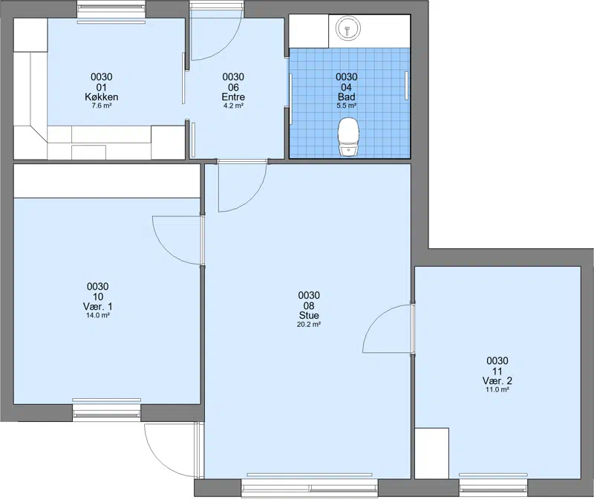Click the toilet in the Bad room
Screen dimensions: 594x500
tap(348, 137)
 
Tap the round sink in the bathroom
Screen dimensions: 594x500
tap(347, 28)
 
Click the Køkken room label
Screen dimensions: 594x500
tap(102, 97)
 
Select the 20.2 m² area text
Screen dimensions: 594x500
tap(309, 325)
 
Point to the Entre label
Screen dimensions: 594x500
tap(233, 97)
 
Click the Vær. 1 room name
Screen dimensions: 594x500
tap(98, 306)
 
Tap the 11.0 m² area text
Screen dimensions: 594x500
tap(497, 390)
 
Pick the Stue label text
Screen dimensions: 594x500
tap(309, 316)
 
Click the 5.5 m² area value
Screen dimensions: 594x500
tap(346, 105)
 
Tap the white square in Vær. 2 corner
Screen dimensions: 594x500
tap(432, 453)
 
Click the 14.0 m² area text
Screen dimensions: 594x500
tap(98, 316)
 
